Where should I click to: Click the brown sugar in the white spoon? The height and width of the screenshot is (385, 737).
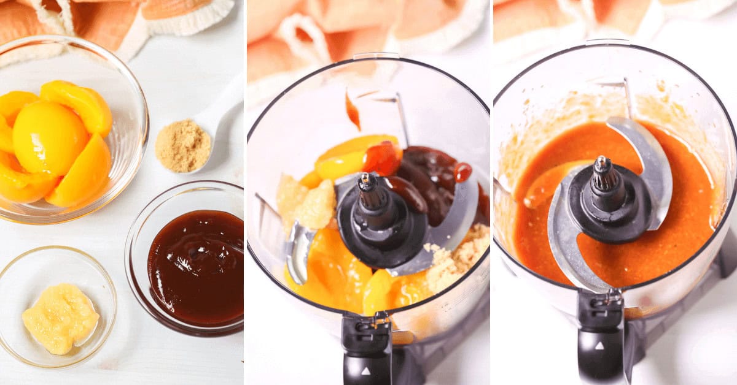point(182,145)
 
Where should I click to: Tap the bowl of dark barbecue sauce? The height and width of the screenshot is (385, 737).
point(195,266)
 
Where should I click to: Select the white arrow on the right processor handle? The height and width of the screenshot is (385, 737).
point(598,345)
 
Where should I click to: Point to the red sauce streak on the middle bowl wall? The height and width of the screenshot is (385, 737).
point(353,110)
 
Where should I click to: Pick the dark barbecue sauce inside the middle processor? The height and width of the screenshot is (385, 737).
point(430,178)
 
